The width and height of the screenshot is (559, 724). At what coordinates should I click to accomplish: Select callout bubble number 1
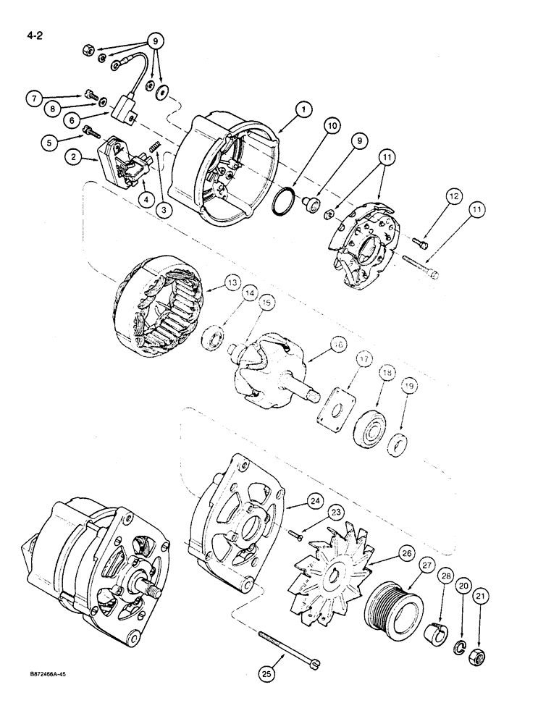tap(303, 109)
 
